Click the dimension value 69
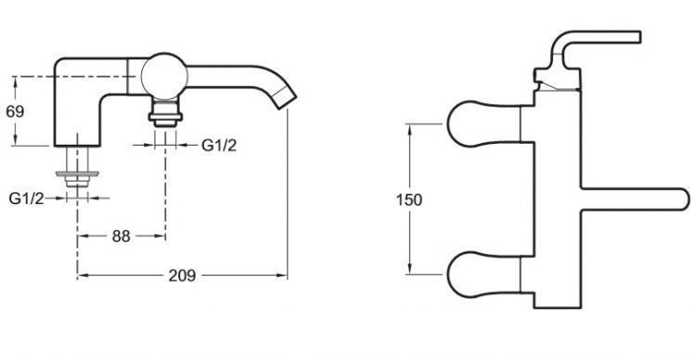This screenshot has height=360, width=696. tap(15, 111)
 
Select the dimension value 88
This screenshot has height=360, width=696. tap(122, 237)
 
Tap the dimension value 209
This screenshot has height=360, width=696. tap(182, 276)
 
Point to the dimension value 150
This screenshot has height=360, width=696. tap(409, 200)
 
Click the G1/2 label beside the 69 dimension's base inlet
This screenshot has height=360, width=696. tap(26, 199)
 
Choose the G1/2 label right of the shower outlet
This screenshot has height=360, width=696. tap(219, 145)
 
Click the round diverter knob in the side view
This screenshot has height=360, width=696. tap(163, 76)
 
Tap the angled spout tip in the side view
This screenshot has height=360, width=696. tap(285, 97)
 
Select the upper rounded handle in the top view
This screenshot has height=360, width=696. tap(483, 123)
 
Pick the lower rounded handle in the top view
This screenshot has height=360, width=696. tap(483, 275)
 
